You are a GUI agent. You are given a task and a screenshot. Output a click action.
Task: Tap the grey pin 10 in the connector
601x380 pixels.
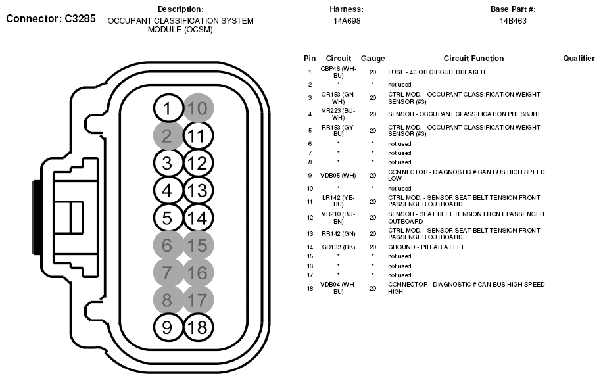197,108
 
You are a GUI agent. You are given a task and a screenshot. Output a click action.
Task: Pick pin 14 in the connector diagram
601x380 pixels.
197,218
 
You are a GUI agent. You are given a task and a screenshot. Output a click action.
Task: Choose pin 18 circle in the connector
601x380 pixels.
197,326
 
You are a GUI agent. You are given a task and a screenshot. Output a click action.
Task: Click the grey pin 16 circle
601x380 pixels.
197,272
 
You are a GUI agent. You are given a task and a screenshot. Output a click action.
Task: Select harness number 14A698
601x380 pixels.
346,21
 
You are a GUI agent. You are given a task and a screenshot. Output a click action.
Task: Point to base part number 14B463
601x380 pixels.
513,21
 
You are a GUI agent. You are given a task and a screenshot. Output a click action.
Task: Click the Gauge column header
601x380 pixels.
373,59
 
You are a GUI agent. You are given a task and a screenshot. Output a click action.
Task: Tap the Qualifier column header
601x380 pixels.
579,59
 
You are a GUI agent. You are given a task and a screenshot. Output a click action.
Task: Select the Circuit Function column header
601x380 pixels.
473,59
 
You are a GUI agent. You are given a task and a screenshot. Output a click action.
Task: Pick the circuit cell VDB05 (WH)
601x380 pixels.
338,175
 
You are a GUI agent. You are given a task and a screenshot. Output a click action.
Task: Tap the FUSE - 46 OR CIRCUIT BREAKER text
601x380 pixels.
436,72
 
